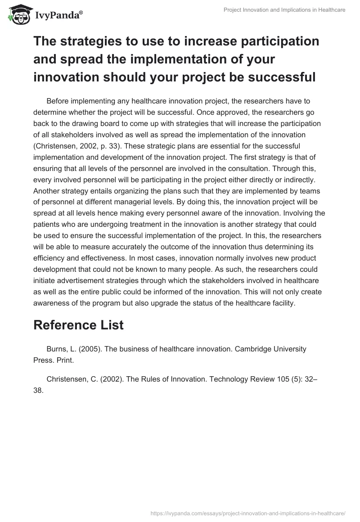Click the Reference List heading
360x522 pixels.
coord(78,325)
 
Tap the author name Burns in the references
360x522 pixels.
coord(57,349)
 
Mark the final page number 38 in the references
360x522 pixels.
coord(38,391)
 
